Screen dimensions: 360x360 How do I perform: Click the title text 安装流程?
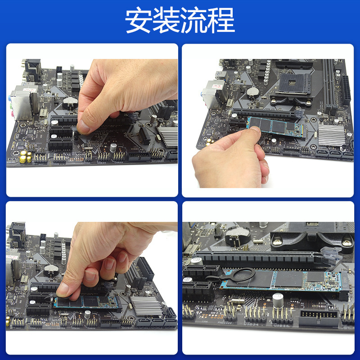coord(180,21)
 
